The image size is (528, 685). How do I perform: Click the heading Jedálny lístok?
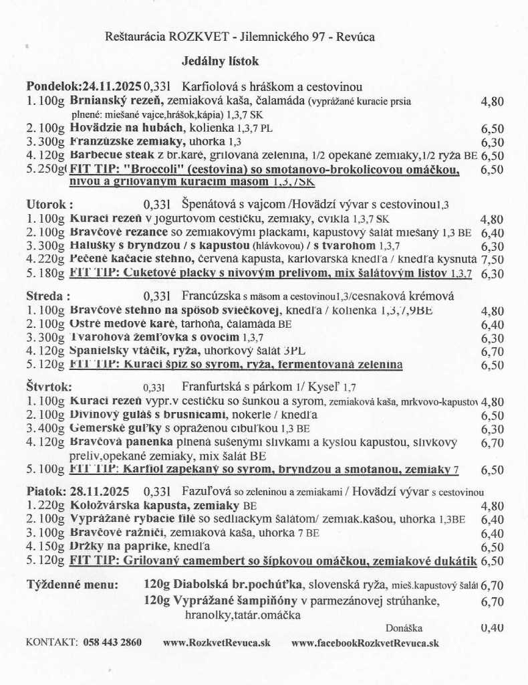pos(220,62)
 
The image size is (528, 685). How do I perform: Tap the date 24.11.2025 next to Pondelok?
pos(110,87)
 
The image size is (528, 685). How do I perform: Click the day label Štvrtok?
pos(49,386)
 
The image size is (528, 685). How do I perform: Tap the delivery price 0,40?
pos(492,627)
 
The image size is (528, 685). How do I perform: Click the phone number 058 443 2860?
pos(112,643)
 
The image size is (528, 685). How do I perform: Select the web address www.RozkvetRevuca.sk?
pos(217,643)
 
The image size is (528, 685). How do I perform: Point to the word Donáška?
pos(404,628)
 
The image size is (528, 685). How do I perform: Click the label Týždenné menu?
pos(72,584)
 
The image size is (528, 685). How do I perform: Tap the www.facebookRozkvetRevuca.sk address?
pos(365,643)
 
